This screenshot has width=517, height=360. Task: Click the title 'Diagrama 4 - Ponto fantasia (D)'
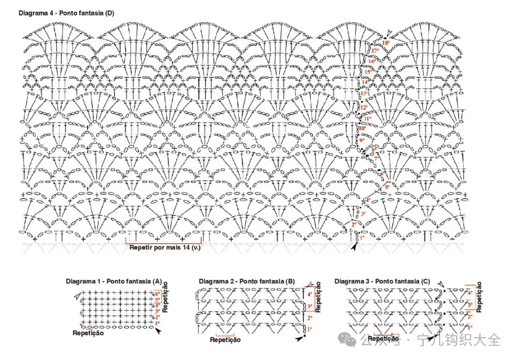pyautogui.click(x=66, y=12)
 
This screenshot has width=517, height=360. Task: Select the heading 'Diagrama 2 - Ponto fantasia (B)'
pyautogui.click(x=246, y=281)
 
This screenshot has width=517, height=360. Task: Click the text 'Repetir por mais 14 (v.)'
pyautogui.click(x=164, y=249)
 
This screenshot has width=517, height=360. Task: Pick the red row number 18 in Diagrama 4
pyautogui.click(x=385, y=43)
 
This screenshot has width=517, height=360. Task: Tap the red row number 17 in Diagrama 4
pyautogui.click(x=375, y=51)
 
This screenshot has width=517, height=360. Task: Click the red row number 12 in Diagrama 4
pyautogui.click(x=364, y=107)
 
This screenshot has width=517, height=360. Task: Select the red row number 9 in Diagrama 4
pyautogui.click(x=363, y=141)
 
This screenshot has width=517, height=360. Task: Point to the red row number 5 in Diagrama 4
pyautogui.click(x=387, y=186)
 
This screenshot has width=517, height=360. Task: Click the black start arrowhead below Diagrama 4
pyautogui.click(x=355, y=247)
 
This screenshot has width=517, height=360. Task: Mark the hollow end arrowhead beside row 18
pyautogui.click(x=388, y=33)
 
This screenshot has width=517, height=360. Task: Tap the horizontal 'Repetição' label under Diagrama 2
pyautogui.click(x=225, y=340)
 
